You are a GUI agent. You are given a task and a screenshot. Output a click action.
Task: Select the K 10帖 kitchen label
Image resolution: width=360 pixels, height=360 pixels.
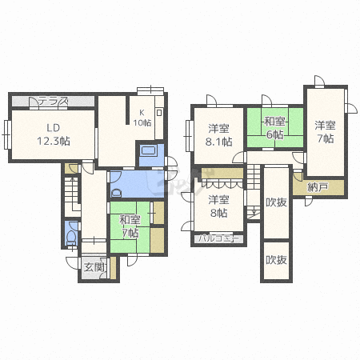click(x=142, y=118)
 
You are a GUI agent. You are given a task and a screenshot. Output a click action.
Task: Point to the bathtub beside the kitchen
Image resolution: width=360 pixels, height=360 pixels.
click(x=149, y=151)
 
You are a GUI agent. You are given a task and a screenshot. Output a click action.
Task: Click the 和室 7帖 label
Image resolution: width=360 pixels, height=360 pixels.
click(x=130, y=226)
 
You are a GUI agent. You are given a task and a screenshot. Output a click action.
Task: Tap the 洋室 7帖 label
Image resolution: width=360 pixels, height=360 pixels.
click(x=324, y=131)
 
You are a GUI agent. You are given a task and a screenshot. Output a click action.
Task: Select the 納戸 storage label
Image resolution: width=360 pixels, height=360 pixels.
click(x=318, y=188)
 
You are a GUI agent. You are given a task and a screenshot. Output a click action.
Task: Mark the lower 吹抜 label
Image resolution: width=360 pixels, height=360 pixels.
click(x=277, y=260)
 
